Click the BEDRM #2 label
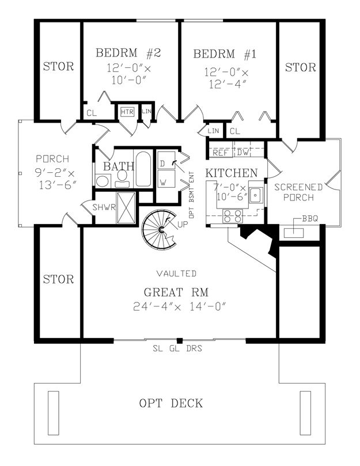pos(128,53)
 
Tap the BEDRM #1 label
pos(225,54)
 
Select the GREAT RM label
pos(176,293)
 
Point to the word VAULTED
pos(176,274)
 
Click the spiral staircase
pos(159,230)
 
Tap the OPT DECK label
pos(171,403)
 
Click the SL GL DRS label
pos(177,348)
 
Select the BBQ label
pos(310,219)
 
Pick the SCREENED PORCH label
pos(298,192)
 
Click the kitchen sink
pos(256,195)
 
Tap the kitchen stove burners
pos(233,216)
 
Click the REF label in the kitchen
pos(221,153)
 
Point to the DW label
pos(242,153)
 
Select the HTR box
pos(127,112)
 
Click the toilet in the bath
pos(122,179)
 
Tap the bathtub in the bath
pos(143,169)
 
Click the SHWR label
pos(104,207)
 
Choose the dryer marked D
pos(166,161)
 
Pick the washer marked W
pos(166,179)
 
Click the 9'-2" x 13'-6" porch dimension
pos(56,179)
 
